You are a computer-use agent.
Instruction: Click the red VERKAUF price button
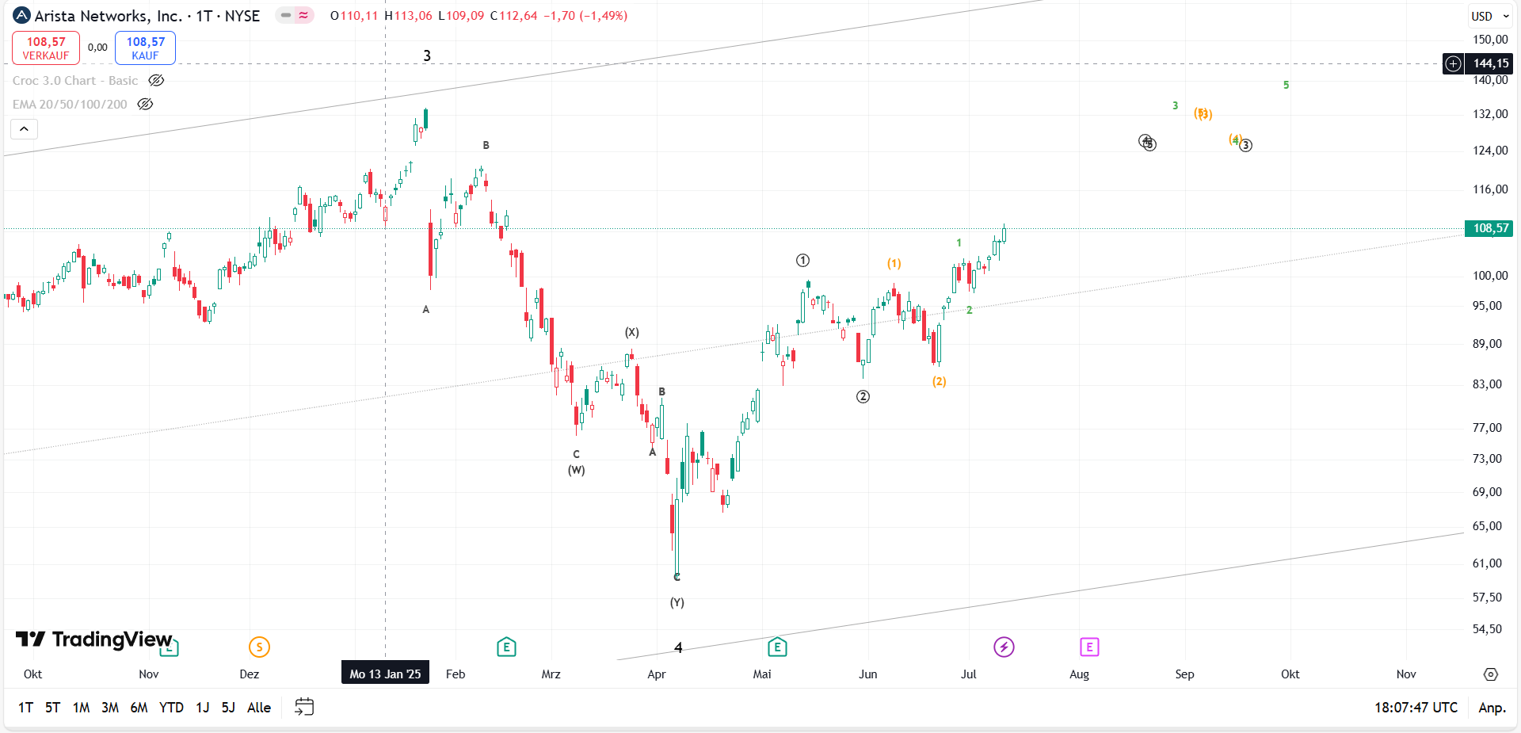(x=46, y=48)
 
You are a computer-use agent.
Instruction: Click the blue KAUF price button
(x=145, y=48)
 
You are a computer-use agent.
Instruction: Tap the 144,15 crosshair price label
(x=1489, y=63)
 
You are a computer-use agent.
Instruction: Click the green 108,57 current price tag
(x=1489, y=228)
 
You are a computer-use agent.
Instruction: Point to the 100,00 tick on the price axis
(x=1489, y=276)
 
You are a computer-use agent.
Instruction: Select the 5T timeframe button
(x=52, y=708)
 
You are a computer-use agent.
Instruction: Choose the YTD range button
(x=171, y=708)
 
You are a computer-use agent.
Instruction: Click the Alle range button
(x=259, y=708)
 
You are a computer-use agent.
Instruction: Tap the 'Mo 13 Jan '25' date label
(x=385, y=674)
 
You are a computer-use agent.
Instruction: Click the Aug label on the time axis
(x=1079, y=674)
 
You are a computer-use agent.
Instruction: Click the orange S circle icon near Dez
(x=259, y=647)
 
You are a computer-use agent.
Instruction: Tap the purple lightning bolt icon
(x=1004, y=647)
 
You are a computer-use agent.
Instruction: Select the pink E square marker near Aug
(x=1089, y=647)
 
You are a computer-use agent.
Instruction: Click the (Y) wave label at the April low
(x=677, y=602)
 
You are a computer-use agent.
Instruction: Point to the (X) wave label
(x=631, y=332)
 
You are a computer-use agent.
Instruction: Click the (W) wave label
(x=576, y=470)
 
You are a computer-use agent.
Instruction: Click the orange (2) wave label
(x=939, y=381)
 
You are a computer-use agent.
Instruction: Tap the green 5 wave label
(x=1286, y=85)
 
